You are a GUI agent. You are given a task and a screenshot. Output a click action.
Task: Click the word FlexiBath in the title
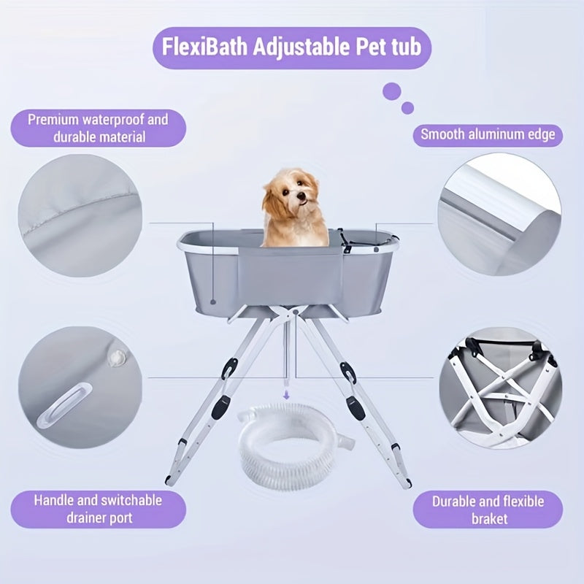tap(204, 47)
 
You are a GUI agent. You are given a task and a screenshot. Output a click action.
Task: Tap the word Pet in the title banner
tap(370, 47)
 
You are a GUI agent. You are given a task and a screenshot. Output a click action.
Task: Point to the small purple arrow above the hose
tap(286, 395)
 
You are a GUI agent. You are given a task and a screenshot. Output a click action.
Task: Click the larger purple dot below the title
tap(392, 91)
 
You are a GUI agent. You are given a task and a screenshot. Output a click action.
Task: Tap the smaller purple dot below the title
tap(407, 108)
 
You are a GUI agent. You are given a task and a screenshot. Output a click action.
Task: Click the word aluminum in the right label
tap(496, 134)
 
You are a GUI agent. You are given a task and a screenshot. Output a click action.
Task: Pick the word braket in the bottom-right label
tap(489, 518)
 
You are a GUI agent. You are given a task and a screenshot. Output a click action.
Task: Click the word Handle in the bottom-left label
tap(55, 500)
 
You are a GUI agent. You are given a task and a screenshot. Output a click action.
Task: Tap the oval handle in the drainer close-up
tap(64, 406)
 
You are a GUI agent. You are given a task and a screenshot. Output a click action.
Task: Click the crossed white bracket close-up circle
tap(500, 388)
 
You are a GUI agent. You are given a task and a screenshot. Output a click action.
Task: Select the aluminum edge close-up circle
tap(499, 215)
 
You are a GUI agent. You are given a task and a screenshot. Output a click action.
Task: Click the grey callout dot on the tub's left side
tap(213, 301)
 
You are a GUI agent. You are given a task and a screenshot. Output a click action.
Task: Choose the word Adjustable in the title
tap(301, 47)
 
